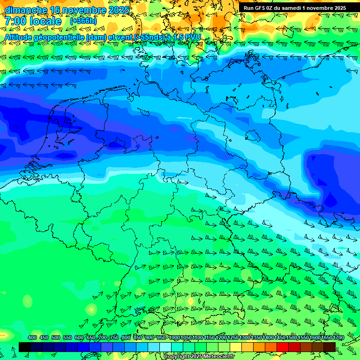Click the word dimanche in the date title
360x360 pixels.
(x=26, y=10)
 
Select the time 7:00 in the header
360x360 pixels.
(x=15, y=21)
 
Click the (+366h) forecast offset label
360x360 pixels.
(x=83, y=21)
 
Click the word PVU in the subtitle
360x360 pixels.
(x=193, y=37)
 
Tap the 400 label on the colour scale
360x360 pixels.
(x=32, y=338)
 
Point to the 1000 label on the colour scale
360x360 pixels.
(x=174, y=338)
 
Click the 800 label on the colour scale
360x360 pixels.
(x=126, y=338)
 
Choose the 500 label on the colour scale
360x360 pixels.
(x=56, y=338)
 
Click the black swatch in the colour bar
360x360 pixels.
(x=25, y=347)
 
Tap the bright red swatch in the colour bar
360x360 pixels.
(x=283, y=347)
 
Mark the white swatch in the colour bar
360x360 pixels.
(x=165, y=347)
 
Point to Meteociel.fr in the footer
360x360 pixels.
(x=218, y=356)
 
